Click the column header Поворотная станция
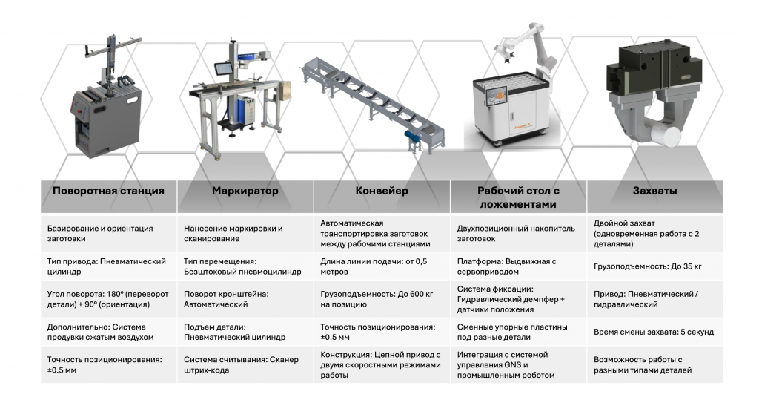click(x=108, y=191)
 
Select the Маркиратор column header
click(x=245, y=191)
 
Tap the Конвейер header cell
click(x=382, y=191)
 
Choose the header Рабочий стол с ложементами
click(x=518, y=197)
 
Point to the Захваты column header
click(x=655, y=191)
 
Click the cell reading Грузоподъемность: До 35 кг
click(x=648, y=266)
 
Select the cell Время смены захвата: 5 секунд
click(x=654, y=332)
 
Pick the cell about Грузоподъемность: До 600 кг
click(x=377, y=299)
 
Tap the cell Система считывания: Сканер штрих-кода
click(x=241, y=364)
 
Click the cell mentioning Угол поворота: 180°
click(x=107, y=299)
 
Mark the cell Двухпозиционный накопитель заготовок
click(x=516, y=233)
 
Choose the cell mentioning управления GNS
click(x=506, y=364)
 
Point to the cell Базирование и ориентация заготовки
click(x=100, y=233)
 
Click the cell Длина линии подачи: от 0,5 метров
click(x=374, y=266)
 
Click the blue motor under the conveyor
click(x=413, y=137)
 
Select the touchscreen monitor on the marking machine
click(x=223, y=68)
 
